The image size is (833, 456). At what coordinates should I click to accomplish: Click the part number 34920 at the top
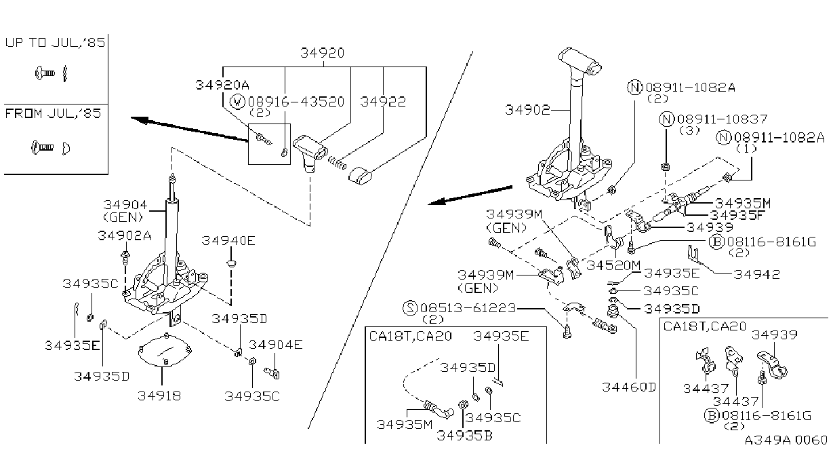tap(323, 53)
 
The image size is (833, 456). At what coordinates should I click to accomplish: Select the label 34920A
tap(222, 85)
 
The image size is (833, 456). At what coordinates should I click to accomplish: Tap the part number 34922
tap(383, 102)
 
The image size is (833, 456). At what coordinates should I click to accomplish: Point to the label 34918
tap(159, 396)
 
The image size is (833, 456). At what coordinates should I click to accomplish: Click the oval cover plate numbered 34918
tap(165, 351)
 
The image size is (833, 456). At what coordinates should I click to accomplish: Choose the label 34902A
tap(125, 235)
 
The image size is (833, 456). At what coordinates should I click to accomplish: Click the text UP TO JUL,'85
tap(55, 43)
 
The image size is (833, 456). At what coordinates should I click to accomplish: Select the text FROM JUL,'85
tap(53, 113)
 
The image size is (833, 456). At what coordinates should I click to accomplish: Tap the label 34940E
tap(228, 241)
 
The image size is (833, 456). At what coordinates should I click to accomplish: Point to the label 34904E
tap(276, 345)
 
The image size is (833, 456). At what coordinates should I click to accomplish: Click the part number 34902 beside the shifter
tap(527, 110)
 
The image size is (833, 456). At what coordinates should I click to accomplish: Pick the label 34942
tap(757, 274)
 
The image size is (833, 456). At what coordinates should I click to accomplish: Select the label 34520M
tap(613, 265)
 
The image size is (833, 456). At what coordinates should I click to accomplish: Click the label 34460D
tap(629, 387)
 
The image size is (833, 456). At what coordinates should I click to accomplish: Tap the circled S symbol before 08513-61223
tap(410, 308)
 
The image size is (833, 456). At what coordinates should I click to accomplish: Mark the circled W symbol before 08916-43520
tap(237, 102)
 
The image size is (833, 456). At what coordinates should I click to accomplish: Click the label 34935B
tap(464, 436)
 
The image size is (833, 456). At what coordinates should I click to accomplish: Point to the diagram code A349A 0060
tap(786, 440)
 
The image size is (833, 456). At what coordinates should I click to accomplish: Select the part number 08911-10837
tap(722, 119)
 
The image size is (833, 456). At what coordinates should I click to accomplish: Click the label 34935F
tap(737, 215)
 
